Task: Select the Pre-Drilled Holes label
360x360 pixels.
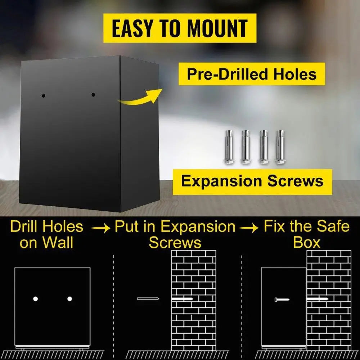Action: tap(252, 74)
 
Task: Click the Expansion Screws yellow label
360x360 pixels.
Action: tap(252, 181)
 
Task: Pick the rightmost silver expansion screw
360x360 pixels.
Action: tap(280, 147)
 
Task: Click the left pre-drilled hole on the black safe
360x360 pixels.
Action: tap(43, 96)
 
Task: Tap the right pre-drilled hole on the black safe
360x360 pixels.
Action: tap(93, 95)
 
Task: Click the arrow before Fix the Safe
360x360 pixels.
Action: tap(248, 228)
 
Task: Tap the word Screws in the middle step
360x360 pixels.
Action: tap(175, 242)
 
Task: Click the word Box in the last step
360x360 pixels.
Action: tap(306, 242)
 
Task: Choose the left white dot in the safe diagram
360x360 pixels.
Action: tap(35, 299)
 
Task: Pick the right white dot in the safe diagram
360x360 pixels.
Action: tap(69, 299)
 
